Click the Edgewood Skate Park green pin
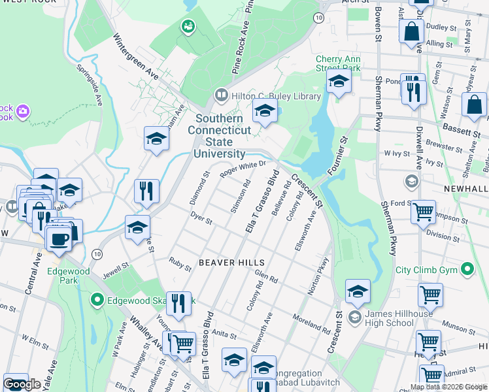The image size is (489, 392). [x=97, y=300]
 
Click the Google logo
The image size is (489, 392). [x=22, y=384]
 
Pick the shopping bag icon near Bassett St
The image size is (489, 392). [x=474, y=106]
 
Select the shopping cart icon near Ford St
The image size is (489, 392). [x=423, y=212]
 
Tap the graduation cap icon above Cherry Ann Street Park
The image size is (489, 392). [x=339, y=82]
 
